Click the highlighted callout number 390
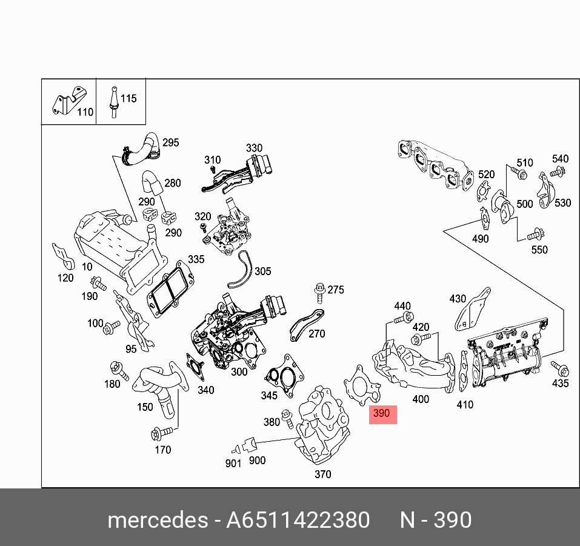click(382, 414)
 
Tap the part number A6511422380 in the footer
click(298, 520)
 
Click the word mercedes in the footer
click(156, 520)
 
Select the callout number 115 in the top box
click(128, 98)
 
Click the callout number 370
click(323, 474)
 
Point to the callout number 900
click(257, 460)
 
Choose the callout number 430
click(458, 299)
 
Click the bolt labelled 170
click(161, 433)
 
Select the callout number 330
click(254, 148)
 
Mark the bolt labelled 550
click(533, 235)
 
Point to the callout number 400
click(420, 399)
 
